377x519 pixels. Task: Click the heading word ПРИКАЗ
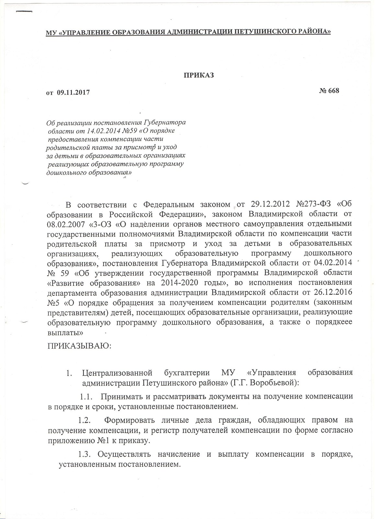click(x=200, y=75)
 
